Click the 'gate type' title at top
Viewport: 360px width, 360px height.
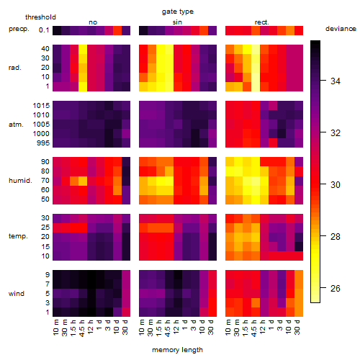tap(178, 12)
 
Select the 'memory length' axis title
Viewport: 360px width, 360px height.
tap(178, 350)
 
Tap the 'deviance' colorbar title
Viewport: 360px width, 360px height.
tap(341, 29)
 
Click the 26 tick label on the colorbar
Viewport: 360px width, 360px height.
tap(336, 288)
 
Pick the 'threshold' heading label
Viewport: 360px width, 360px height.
tap(40, 17)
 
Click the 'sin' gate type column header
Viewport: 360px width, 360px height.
tap(177, 22)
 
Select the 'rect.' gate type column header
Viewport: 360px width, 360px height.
tap(262, 22)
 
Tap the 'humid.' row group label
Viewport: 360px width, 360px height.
tap(20, 181)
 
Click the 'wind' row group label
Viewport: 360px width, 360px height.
tap(17, 294)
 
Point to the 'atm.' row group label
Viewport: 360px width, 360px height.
tap(16, 125)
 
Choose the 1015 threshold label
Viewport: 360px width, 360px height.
tap(41, 106)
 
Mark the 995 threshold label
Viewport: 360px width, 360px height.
tap(43, 143)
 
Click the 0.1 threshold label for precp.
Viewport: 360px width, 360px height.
tap(44, 30)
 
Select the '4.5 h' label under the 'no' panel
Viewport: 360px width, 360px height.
tap(81, 328)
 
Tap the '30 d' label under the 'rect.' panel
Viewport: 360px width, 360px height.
tap(297, 327)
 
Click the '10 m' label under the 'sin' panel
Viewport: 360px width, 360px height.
tap(142, 328)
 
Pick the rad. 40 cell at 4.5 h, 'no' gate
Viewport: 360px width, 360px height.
tap(83, 49)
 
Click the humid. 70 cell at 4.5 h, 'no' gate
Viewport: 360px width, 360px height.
tap(83, 181)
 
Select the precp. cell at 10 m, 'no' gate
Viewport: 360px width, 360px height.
tap(57, 30)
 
